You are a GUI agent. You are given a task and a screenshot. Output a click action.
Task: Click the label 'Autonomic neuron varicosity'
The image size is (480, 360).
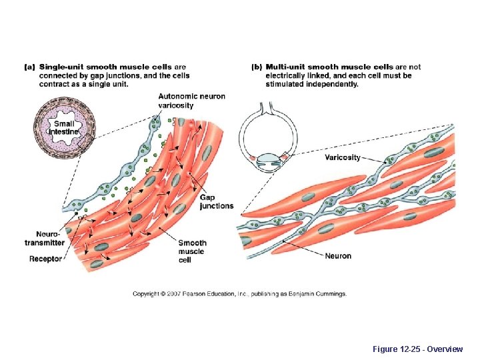191,101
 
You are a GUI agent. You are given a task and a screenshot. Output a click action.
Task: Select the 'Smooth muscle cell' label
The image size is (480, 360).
192,251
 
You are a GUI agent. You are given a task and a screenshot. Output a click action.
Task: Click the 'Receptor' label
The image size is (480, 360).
45,259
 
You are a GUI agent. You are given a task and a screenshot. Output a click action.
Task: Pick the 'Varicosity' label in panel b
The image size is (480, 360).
343,158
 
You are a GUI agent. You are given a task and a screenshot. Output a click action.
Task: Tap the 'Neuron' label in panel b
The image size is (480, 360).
338,256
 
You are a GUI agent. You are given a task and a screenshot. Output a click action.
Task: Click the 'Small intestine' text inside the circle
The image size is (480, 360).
65,127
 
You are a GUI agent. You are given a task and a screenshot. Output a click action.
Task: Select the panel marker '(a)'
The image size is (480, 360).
30,67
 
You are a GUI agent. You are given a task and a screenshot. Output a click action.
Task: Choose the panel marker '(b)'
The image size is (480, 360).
257,67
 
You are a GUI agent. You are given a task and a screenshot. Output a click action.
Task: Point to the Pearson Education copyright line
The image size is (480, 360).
239,294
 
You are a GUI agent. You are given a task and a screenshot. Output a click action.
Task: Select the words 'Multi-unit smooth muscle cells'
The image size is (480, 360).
329,67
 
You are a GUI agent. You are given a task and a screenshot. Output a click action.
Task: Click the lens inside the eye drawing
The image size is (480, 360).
267,159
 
